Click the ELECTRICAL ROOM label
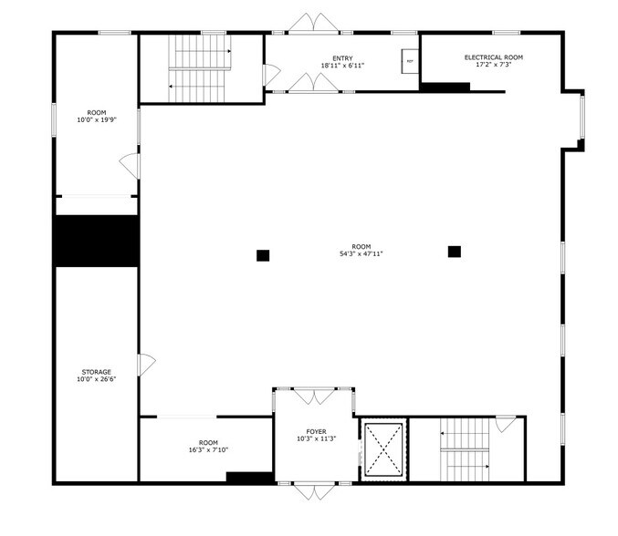pyautogui.click(x=493, y=57)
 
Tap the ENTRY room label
pyautogui.click(x=342, y=58)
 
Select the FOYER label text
pyautogui.click(x=316, y=431)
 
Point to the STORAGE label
pyautogui.click(x=97, y=372)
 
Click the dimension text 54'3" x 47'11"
pyautogui.click(x=361, y=254)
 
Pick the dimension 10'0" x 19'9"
pyautogui.click(x=97, y=119)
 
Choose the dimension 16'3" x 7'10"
pyautogui.click(x=208, y=449)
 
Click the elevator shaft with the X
pyautogui.click(x=383, y=450)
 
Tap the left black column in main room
pyautogui.click(x=263, y=255)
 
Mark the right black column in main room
pyautogui.click(x=454, y=252)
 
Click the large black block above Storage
pyautogui.click(x=96, y=240)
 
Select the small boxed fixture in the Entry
pyautogui.click(x=409, y=61)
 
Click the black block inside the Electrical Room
pyautogui.click(x=445, y=87)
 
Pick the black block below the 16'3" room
pyautogui.click(x=249, y=477)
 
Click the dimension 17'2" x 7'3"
pyautogui.click(x=493, y=65)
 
